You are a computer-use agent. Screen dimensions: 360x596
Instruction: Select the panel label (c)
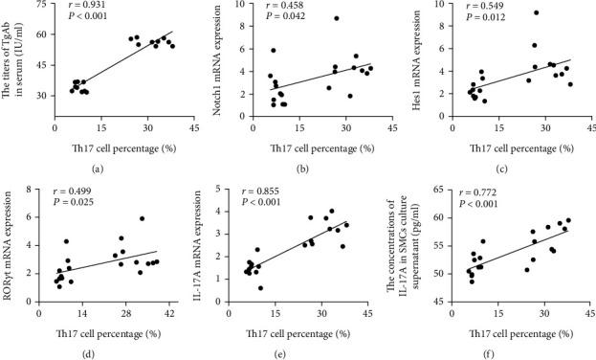pos(515,168)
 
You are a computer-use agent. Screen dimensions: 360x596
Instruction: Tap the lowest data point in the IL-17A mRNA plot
pos(260,287)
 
